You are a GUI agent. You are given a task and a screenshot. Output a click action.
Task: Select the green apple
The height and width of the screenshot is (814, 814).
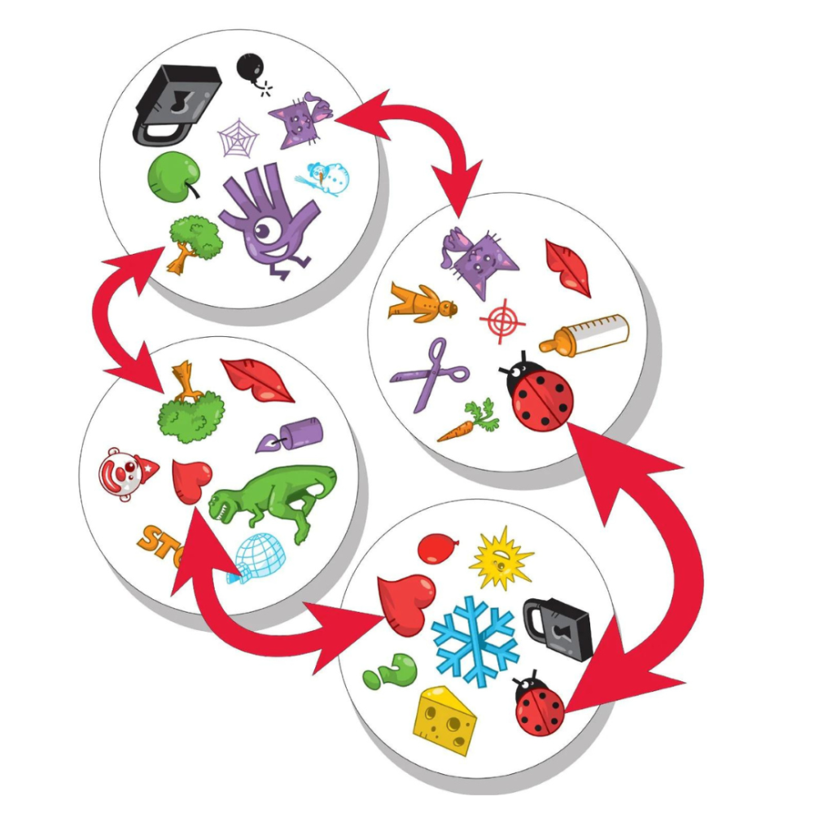(173, 173)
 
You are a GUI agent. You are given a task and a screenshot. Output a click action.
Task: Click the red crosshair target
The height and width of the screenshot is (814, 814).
(501, 321)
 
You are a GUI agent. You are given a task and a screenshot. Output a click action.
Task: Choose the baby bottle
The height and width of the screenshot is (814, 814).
(584, 334)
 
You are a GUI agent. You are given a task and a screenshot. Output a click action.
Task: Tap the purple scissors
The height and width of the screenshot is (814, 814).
(431, 374)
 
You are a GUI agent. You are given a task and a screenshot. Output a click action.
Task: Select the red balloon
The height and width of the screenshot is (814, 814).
(436, 548)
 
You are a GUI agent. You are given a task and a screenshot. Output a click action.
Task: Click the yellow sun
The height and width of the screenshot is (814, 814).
(501, 558)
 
